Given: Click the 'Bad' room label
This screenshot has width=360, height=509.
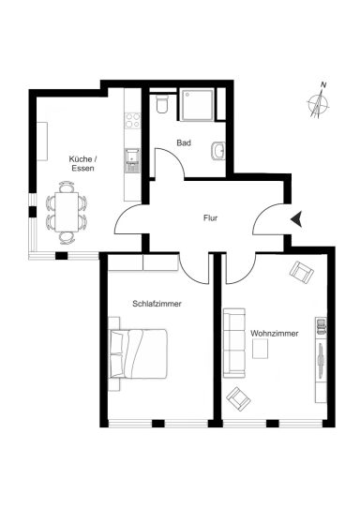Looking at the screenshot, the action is click(x=184, y=142).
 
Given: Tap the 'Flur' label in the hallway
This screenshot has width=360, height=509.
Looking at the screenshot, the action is click(x=210, y=218).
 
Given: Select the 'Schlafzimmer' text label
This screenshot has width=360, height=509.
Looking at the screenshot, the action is click(x=157, y=304).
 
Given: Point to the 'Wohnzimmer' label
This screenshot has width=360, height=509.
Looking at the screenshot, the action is click(x=275, y=334).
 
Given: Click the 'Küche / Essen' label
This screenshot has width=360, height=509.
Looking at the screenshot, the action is click(x=83, y=164).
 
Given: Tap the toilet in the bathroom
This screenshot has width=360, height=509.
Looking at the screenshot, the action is click(x=161, y=104).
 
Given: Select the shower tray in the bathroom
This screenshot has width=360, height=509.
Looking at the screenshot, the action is click(x=198, y=105).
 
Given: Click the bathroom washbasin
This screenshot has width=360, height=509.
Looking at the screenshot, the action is click(x=218, y=151).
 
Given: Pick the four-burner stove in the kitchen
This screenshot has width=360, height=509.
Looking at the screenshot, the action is click(x=133, y=120).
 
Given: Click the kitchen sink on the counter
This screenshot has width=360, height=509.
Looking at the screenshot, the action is click(x=132, y=160).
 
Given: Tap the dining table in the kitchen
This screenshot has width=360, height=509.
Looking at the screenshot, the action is click(x=67, y=212).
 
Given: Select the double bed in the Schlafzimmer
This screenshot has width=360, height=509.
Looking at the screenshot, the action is click(x=139, y=353).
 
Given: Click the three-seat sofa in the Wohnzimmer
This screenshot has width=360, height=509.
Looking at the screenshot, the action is click(x=234, y=343).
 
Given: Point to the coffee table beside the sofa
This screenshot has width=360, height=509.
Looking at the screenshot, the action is click(x=260, y=349).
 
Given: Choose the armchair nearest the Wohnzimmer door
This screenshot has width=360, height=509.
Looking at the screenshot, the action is click(x=302, y=272).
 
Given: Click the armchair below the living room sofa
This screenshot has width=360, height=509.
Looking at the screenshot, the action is click(x=238, y=399).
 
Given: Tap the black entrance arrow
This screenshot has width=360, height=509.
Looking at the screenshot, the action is click(x=296, y=218).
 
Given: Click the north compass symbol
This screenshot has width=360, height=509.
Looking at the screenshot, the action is click(x=319, y=105).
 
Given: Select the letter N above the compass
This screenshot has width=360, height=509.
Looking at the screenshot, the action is click(x=323, y=85).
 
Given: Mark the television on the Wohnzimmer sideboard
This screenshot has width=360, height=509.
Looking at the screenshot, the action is click(x=322, y=361).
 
